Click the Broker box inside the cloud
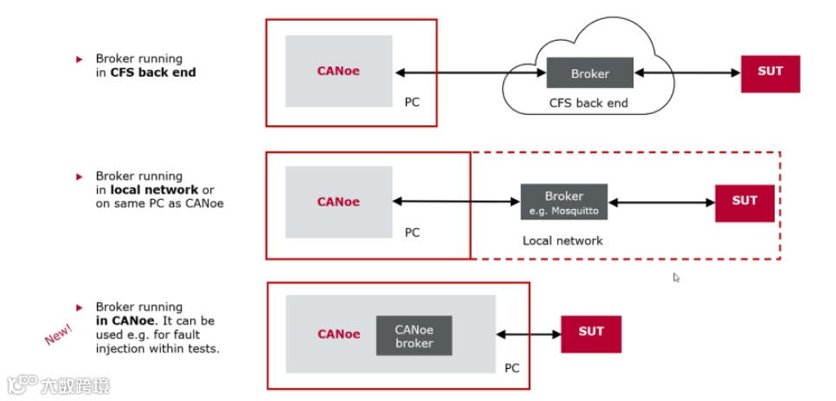click(x=589, y=73)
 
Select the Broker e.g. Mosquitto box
click(x=563, y=202)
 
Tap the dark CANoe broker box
click(x=414, y=335)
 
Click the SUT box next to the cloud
click(x=770, y=73)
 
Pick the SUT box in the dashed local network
click(x=744, y=202)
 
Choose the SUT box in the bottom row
click(x=591, y=333)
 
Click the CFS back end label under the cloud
click(x=588, y=104)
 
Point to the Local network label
click(x=563, y=240)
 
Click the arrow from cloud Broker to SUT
click(x=687, y=73)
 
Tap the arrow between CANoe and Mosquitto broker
click(x=456, y=202)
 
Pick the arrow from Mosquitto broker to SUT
click(x=661, y=202)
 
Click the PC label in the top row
click(x=412, y=102)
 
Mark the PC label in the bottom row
click(x=511, y=367)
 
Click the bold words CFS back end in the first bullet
click(x=153, y=73)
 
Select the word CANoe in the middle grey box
click(x=338, y=202)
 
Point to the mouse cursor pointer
click(x=677, y=277)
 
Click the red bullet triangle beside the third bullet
click(x=79, y=307)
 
